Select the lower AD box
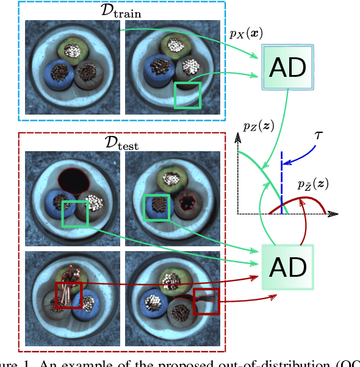click(287, 267)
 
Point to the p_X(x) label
click(247, 35)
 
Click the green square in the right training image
click(187, 95)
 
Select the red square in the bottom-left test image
click(68, 296)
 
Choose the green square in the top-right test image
click(156, 208)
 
